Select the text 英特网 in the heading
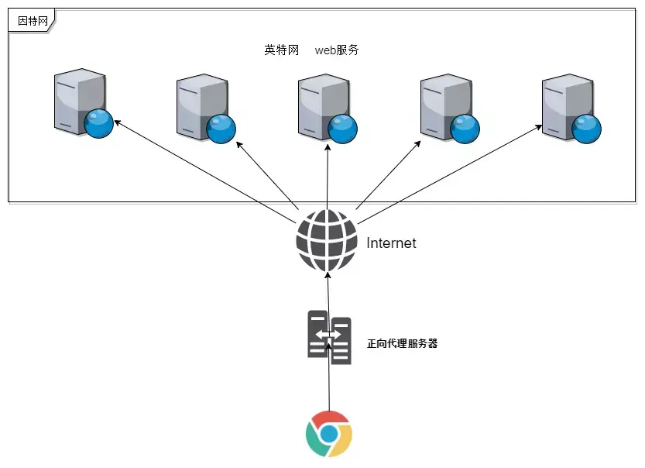[x=281, y=50]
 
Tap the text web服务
[x=337, y=50]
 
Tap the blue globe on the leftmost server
[x=99, y=124]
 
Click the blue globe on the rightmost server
[x=587, y=129]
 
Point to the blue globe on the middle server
[x=344, y=129]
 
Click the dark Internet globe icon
[x=327, y=241]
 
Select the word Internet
[x=391, y=243]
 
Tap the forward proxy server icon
[x=329, y=337]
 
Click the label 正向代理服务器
[x=402, y=343]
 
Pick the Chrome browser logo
[x=329, y=435]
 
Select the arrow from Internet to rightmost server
[x=449, y=168]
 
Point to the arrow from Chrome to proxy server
[x=329, y=384]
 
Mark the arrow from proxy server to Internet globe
[x=328, y=291]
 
